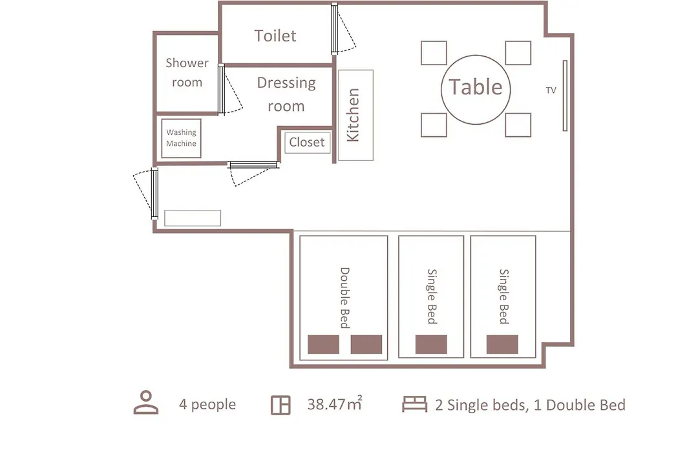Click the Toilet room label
point(275,36)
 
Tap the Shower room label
point(187,72)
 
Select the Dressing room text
point(286,94)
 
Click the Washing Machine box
point(181,138)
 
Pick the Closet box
point(307,142)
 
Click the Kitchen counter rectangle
point(355,115)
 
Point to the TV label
point(551,90)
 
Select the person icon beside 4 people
point(146,403)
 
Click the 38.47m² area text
point(334,404)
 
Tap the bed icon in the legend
point(414,404)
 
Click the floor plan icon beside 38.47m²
point(280,406)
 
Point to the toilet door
point(334,28)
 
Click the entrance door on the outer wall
point(154,193)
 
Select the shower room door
point(221,89)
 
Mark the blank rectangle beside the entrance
point(193,218)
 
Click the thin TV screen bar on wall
point(565,96)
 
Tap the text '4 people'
point(207,404)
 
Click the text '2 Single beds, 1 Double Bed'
point(530,405)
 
